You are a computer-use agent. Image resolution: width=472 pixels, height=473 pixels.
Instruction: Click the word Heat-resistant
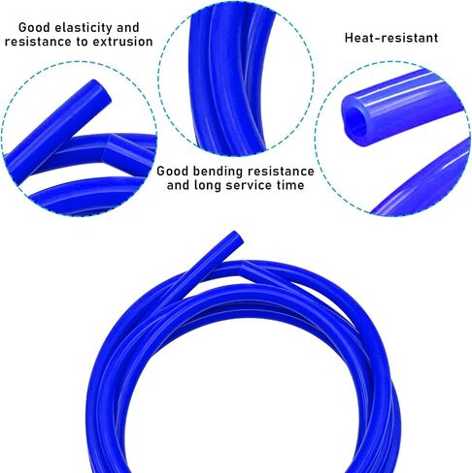click(x=391, y=38)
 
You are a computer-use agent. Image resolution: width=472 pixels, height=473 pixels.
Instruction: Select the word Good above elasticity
click(x=35, y=27)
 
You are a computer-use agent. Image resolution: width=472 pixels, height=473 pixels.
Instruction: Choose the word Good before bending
click(x=173, y=172)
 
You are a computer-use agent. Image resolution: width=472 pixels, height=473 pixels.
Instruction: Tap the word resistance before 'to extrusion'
click(x=38, y=42)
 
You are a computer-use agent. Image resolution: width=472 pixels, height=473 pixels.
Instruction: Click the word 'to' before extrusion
click(x=82, y=42)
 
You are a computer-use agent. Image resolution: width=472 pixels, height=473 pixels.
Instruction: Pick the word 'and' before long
click(x=178, y=185)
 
